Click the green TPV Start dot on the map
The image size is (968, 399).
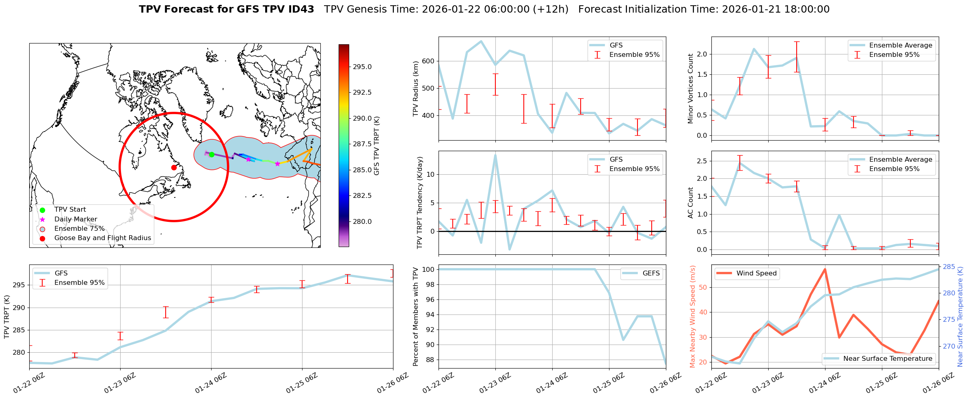[x=212, y=154]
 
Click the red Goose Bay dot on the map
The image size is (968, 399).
[x=174, y=167]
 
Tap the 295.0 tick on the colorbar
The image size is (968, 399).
[x=362, y=67]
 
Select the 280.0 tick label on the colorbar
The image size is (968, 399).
[x=362, y=221]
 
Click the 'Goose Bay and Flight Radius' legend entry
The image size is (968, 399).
[x=102, y=238]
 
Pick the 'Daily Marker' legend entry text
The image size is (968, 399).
[x=76, y=219]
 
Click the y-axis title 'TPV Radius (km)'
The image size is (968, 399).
[x=415, y=89]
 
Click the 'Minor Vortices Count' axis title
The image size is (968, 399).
[x=690, y=89]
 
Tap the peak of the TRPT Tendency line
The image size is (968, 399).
[x=495, y=155]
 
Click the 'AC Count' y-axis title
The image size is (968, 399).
[x=690, y=203]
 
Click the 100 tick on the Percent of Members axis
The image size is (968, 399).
[x=429, y=269]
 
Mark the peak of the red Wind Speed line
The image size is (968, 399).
[x=825, y=269]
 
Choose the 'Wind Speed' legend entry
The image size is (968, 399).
[x=756, y=273]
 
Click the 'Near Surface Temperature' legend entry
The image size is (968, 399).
[x=888, y=358]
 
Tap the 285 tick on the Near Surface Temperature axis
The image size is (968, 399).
[x=949, y=267]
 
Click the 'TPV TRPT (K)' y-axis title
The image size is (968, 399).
[x=6, y=317]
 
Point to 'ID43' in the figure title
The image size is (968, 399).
[x=300, y=9]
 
